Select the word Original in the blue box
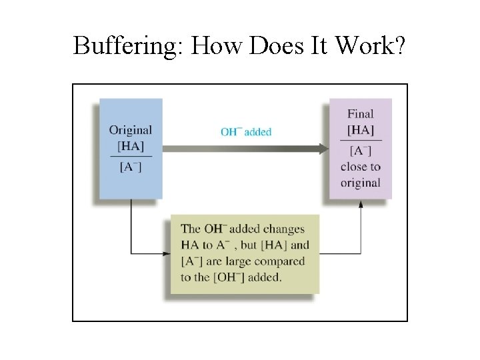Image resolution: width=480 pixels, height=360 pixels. click(131, 130)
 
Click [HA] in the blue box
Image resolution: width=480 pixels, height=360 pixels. click(131, 145)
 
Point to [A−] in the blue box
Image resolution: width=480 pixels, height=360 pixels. click(131, 167)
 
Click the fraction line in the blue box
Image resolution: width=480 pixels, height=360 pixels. click(131, 156)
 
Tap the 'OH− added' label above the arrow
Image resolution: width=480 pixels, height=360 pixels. click(246, 131)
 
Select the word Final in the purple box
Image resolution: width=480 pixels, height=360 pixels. click(361, 114)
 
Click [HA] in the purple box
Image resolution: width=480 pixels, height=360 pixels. click(361, 129)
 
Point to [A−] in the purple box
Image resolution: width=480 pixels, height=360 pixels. click(361, 151)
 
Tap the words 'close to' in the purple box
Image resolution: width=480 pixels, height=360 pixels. click(361, 167)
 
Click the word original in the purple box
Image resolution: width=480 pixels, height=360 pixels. click(361, 183)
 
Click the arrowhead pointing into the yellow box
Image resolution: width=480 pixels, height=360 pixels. click(167, 253)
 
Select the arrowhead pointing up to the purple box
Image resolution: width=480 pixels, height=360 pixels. click(361, 203)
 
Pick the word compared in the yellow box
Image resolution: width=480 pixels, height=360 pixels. click(281, 261)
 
